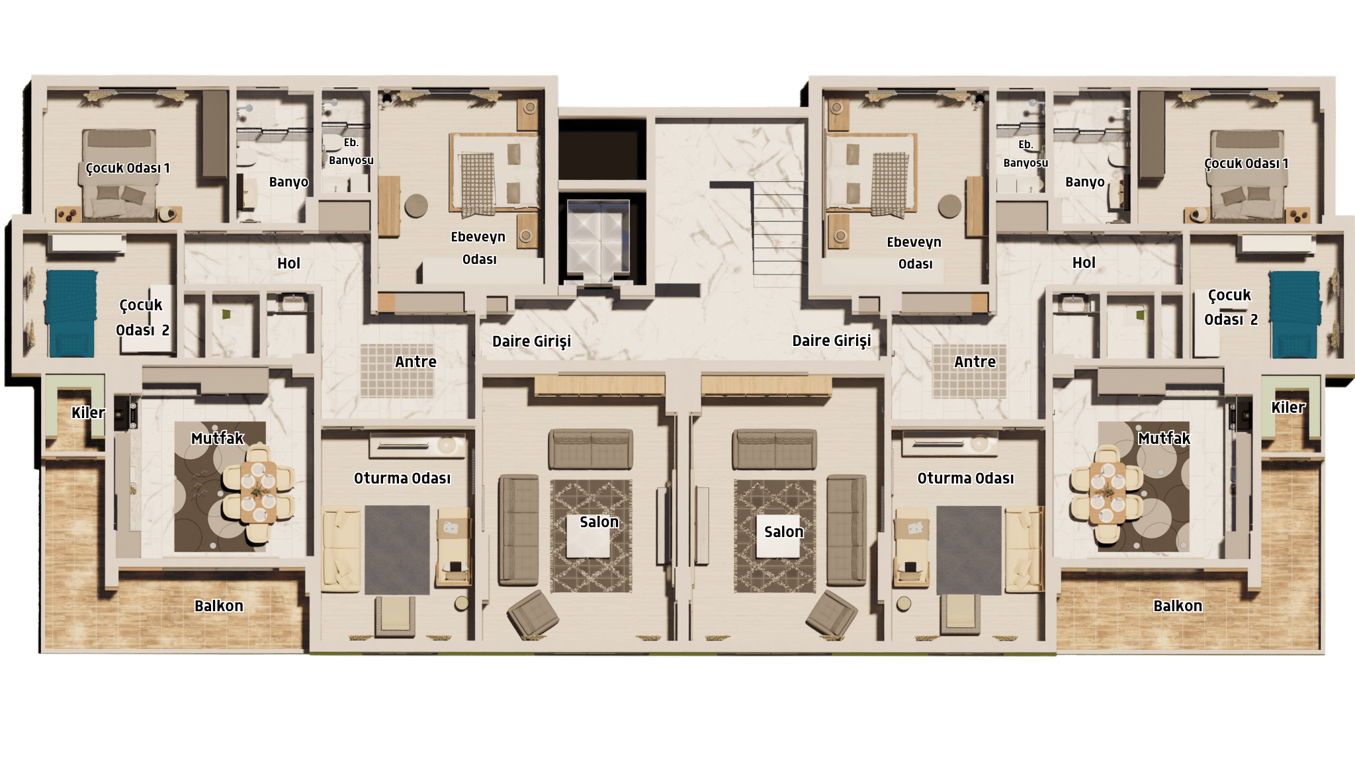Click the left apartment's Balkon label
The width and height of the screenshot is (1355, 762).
[219, 606]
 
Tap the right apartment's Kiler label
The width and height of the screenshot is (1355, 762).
[1288, 407]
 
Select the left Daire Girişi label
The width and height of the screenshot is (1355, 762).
[531, 341]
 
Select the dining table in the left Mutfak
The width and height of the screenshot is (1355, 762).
[258, 493]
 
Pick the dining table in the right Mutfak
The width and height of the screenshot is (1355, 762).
[1108, 493]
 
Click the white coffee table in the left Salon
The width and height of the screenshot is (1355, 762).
[588, 536]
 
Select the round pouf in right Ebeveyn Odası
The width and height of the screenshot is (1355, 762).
[949, 206]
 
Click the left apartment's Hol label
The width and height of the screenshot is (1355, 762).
[288, 263]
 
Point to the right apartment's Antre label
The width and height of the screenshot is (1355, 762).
[975, 362]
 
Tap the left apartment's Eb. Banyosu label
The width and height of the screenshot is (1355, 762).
[351, 151]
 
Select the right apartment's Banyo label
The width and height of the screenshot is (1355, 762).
[1084, 182]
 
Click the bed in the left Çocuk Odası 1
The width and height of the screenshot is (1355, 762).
[119, 175]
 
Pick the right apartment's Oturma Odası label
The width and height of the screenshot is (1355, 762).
[965, 478]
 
